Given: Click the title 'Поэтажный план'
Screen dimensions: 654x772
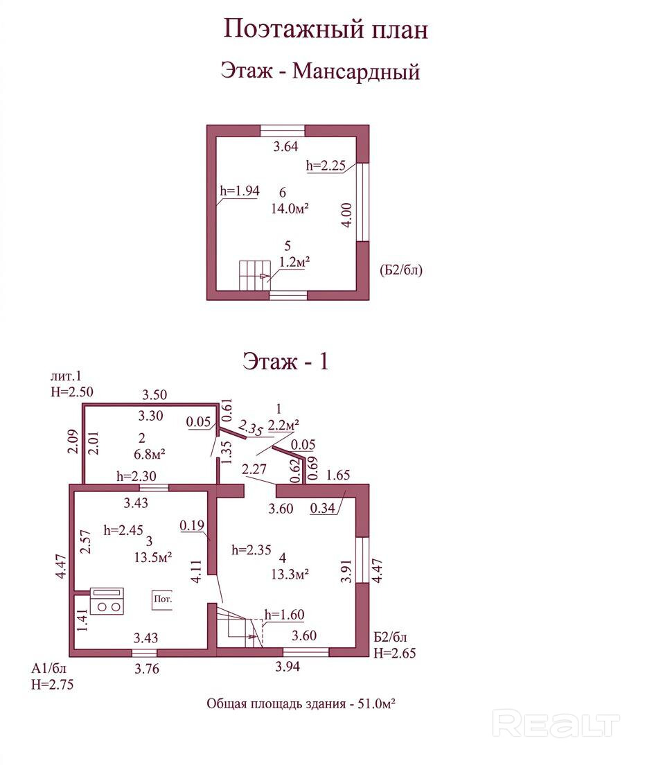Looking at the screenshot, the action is pos(326,29).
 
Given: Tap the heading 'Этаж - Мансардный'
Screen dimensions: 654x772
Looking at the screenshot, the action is pos(320,71).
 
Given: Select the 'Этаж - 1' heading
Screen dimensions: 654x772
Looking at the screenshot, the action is pos(285,361).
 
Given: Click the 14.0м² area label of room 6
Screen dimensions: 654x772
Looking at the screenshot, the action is pos(290,207).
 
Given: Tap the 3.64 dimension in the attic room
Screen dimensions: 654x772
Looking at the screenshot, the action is pos(285,146).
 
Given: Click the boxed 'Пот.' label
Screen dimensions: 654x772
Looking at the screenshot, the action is pos(163,599).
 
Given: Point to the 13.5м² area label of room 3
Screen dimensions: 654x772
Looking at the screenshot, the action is pos(153,556).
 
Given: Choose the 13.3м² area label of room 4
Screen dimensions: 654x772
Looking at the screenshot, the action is pos(290,573).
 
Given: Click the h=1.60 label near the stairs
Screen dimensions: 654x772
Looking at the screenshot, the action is pos(285,614).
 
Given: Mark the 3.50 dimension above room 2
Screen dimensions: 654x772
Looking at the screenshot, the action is pos(155,396).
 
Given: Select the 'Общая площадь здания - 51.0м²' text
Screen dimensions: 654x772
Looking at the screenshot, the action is pos(301,703).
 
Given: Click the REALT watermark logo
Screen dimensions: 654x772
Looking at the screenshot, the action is pos(556,724).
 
